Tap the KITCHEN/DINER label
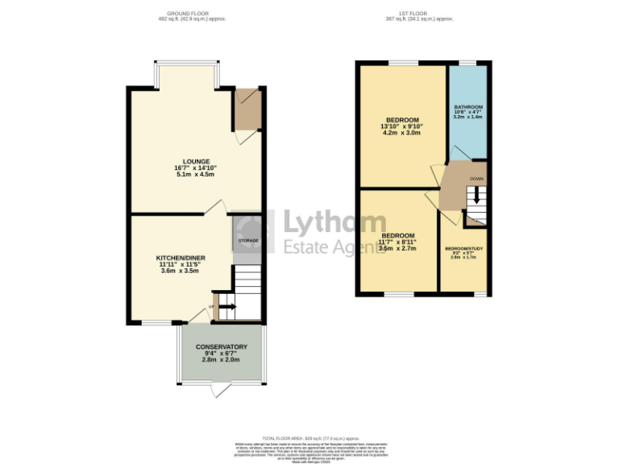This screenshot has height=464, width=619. tap(181, 258)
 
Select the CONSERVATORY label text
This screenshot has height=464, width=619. tap(221, 347)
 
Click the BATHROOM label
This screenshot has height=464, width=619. tap(467, 107)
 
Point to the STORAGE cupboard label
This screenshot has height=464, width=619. tap(247, 241)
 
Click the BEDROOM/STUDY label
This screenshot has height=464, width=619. tap(464, 248)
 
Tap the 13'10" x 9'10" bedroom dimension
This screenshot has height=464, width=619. tap(402, 126)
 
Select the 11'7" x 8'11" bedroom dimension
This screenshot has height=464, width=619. tap(397, 242)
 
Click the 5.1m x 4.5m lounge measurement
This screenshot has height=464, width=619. tap(195, 175)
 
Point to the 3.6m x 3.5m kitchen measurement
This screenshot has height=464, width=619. tap(181, 271)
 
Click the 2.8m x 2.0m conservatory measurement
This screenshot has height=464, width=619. tap(221, 360)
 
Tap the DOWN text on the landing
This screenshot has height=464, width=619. tap(476, 179)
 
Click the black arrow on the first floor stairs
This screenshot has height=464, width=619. tap(476, 196)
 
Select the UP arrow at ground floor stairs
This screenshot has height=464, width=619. tap(226, 306)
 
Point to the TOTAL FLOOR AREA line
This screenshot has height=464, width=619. tap(309, 438)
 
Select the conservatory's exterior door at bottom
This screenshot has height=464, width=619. tap(221, 391)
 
